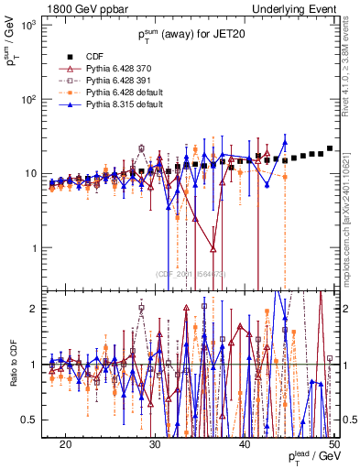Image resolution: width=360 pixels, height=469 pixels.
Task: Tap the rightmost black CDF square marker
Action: [x=330, y=148]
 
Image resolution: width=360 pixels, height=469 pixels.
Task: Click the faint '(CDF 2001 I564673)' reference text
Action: [x=191, y=274]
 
